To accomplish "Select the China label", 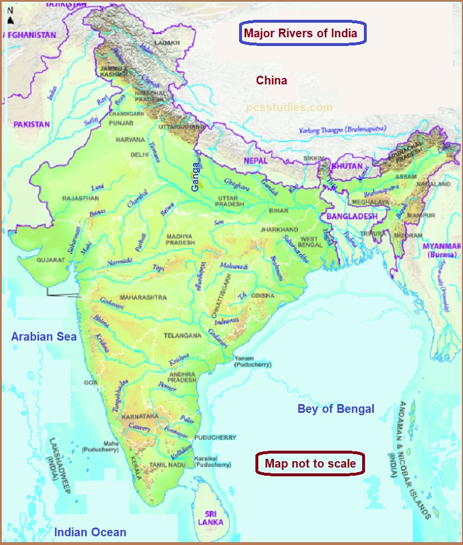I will [x=272, y=80].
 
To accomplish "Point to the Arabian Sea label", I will [x=44, y=337].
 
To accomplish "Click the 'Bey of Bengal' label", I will [x=336, y=409].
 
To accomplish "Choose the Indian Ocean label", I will [x=90, y=532].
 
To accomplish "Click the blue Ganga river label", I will [x=195, y=176].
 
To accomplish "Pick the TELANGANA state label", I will [x=183, y=336].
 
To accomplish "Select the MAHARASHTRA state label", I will [x=143, y=298].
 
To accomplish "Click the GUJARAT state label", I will [x=50, y=260].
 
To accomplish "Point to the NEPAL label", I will [x=256, y=160].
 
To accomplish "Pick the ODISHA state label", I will [x=263, y=296].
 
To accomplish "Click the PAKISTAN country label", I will [x=32, y=125].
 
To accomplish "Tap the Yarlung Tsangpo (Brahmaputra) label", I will [x=337, y=130].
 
